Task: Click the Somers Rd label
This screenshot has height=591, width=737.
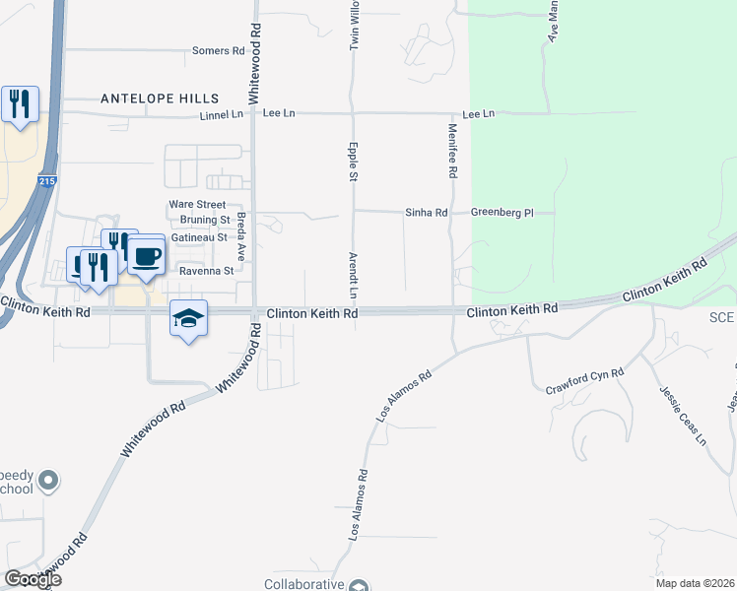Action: click(x=218, y=50)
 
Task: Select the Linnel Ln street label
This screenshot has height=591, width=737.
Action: click(x=221, y=114)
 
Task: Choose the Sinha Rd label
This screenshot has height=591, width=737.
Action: click(x=427, y=213)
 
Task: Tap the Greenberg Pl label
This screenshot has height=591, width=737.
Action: click(x=501, y=213)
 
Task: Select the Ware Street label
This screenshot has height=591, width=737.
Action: click(x=197, y=205)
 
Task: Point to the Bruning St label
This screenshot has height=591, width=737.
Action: click(x=203, y=220)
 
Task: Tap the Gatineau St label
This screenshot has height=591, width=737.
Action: click(x=199, y=237)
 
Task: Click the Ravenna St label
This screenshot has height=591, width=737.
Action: click(x=206, y=270)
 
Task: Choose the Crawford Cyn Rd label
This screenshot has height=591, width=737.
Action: click(x=585, y=381)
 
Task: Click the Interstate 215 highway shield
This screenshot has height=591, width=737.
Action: click(x=48, y=182)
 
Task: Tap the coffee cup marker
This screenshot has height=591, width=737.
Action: click(x=147, y=256)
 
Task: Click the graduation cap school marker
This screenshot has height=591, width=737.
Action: click(x=188, y=317)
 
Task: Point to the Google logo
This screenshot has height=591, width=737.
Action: click(x=33, y=579)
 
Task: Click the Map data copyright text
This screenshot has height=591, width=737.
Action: click(x=696, y=583)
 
